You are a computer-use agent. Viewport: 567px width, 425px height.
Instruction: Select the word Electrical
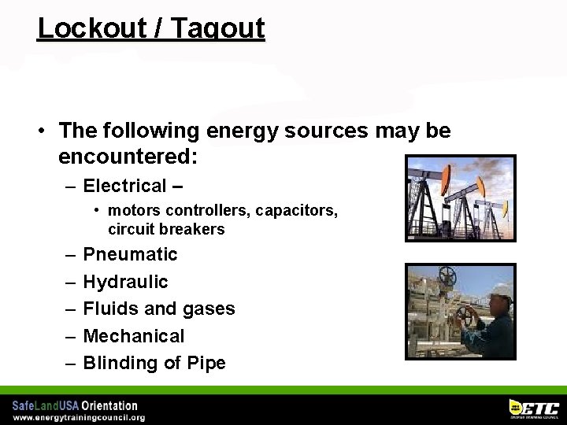124,186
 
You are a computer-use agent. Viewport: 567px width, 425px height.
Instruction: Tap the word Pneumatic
130,254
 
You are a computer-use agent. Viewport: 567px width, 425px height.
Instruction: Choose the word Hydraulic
125,282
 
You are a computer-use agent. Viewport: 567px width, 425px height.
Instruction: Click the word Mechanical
133,336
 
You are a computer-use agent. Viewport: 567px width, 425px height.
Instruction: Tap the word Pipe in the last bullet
206,363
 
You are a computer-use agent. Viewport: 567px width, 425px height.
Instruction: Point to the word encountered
128,157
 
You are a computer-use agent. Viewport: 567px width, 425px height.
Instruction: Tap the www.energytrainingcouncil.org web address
79,418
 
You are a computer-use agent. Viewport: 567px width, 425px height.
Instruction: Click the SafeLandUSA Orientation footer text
75,406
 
